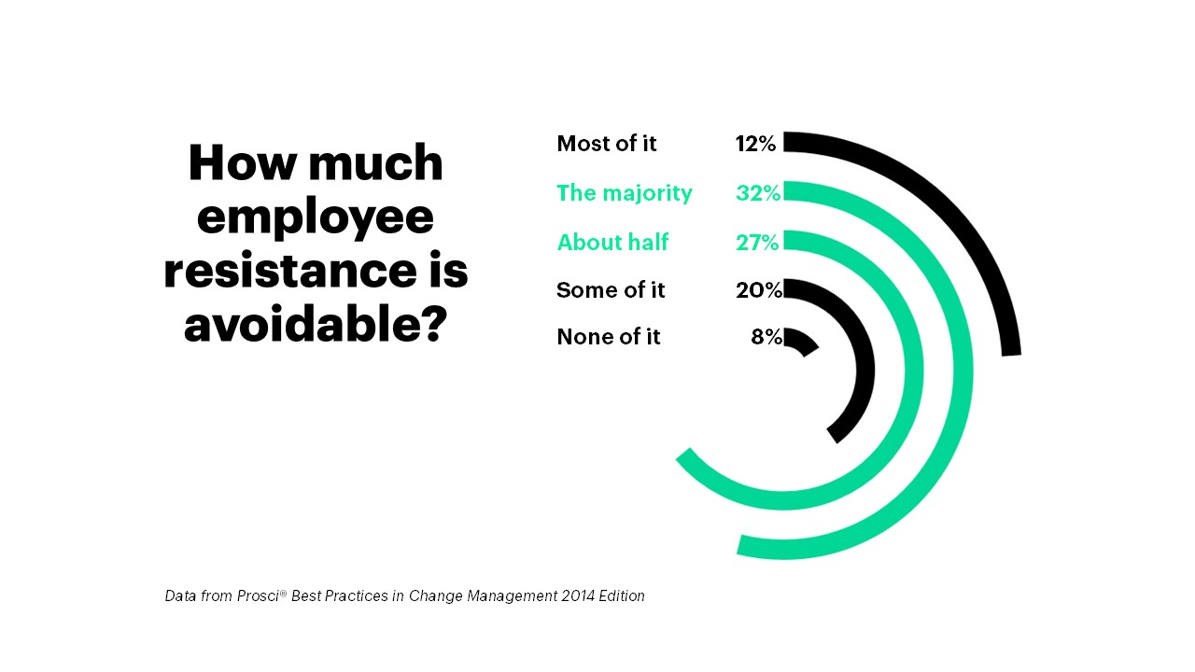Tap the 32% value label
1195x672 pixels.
757,193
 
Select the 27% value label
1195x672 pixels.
757,243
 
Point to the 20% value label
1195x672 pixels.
758,290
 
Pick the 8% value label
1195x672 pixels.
766,337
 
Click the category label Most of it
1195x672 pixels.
607,144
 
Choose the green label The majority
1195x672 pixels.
625,193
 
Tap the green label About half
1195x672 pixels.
612,243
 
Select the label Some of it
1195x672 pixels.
611,290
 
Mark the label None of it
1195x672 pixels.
609,337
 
